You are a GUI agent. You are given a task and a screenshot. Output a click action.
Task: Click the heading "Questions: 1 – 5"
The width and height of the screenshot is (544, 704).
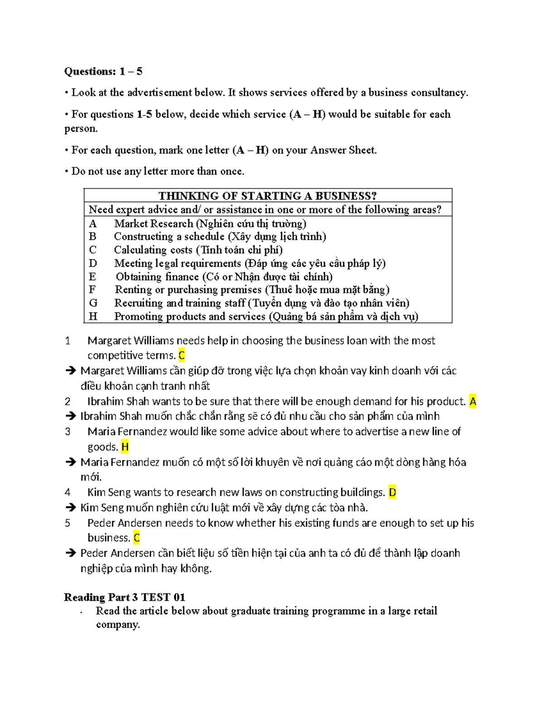[x=103, y=71]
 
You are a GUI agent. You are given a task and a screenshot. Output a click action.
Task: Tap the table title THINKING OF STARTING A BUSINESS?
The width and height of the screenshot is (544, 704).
[x=267, y=196]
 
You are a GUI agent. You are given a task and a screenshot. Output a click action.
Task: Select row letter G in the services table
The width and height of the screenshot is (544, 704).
[x=93, y=303]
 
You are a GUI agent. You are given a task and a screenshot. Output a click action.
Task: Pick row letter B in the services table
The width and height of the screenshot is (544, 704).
[x=92, y=236]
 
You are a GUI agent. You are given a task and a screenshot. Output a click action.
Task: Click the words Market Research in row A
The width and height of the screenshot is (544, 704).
[x=154, y=223]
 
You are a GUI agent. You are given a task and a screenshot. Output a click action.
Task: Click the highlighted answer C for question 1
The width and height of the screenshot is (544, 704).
[x=181, y=355]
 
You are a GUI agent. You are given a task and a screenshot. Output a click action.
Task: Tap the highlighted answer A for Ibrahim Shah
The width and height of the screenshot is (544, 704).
[x=473, y=402]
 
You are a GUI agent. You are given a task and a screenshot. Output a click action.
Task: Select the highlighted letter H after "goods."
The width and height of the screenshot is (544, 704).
[x=125, y=447]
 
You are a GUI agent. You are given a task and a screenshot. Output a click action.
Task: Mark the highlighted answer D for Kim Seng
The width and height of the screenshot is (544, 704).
[x=393, y=492]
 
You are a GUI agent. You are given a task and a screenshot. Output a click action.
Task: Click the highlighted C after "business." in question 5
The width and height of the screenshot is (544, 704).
[x=136, y=538]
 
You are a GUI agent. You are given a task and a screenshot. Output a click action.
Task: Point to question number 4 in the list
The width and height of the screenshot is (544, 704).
[x=68, y=492]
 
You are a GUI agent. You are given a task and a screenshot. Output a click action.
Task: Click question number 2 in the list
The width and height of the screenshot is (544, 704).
[x=68, y=402]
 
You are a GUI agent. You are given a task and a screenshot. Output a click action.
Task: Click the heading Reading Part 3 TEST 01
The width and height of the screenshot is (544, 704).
[x=125, y=597]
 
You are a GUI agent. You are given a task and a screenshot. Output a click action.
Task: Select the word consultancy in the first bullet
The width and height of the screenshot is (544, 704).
[x=439, y=92]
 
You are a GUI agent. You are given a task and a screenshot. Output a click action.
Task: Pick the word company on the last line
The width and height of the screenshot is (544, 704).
[x=117, y=625]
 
